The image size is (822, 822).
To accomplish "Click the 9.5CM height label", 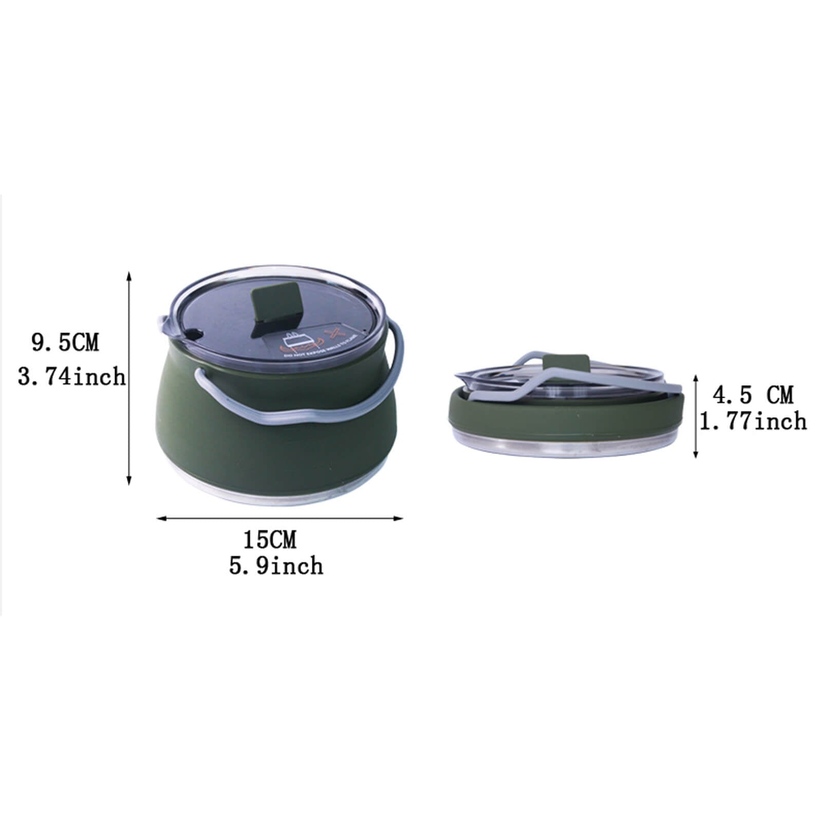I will (65, 343).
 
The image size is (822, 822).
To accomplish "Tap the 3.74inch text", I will (71, 377).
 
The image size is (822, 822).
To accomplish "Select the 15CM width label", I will (270, 540).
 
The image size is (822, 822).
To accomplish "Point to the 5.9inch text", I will (276, 566).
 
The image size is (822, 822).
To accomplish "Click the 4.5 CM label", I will (753, 395).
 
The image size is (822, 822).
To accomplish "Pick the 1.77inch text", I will (753, 422).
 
